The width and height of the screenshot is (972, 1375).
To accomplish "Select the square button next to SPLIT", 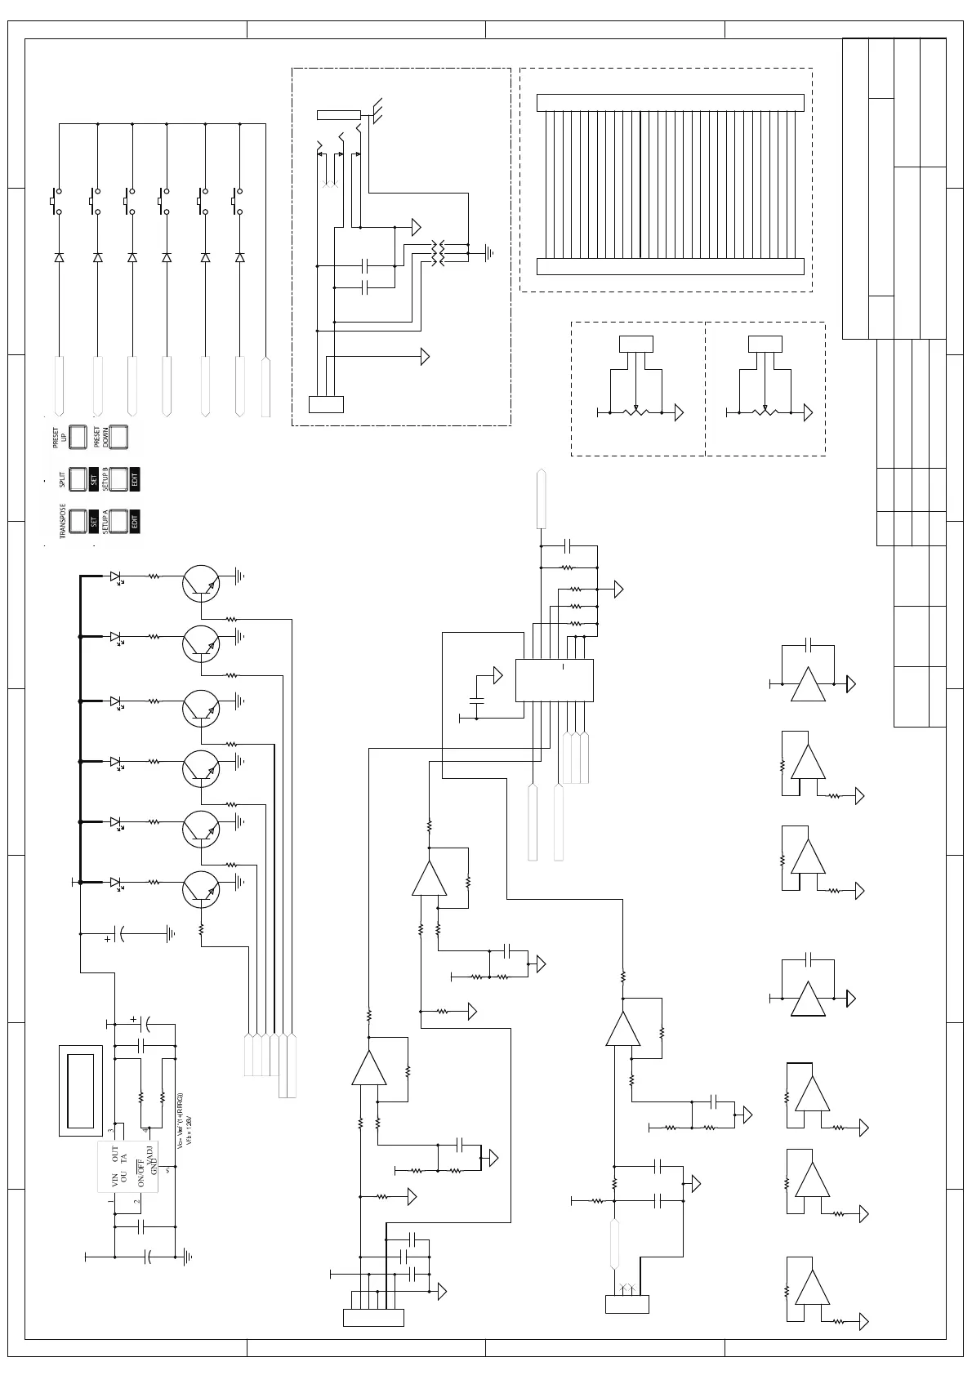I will pyautogui.click(x=78, y=479).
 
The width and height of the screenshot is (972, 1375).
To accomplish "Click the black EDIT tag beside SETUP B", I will pyautogui.click(x=135, y=479).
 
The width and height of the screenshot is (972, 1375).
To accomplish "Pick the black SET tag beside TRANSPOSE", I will pyautogui.click(x=94, y=521).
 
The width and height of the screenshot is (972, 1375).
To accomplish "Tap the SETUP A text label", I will pyautogui.click(x=105, y=521).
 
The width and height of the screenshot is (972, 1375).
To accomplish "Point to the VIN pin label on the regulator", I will pyautogui.click(x=115, y=1178).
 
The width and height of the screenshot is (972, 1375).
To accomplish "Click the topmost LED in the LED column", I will pyautogui.click(x=116, y=576).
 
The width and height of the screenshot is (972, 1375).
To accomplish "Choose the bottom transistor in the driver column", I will pyautogui.click(x=201, y=889).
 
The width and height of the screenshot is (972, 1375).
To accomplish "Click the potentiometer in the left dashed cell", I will pyautogui.click(x=635, y=412).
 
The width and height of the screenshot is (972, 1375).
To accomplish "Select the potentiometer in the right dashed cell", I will pyautogui.click(x=765, y=412).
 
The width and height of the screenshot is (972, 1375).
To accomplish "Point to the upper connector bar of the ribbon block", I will pyautogui.click(x=670, y=103).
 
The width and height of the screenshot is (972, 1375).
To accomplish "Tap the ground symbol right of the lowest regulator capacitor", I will pyautogui.click(x=188, y=1257).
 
